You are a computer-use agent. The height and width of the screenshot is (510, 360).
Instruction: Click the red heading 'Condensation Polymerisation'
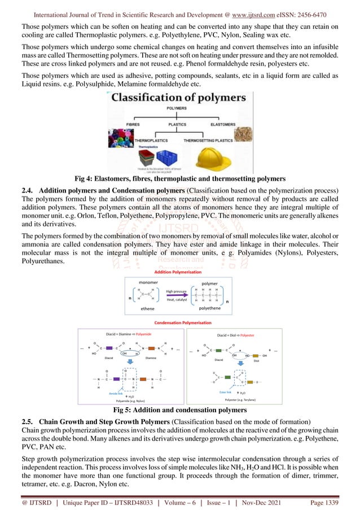(179, 322)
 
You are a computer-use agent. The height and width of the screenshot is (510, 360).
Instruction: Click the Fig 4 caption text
(180, 178)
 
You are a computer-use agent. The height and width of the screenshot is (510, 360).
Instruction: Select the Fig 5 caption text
(179, 410)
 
